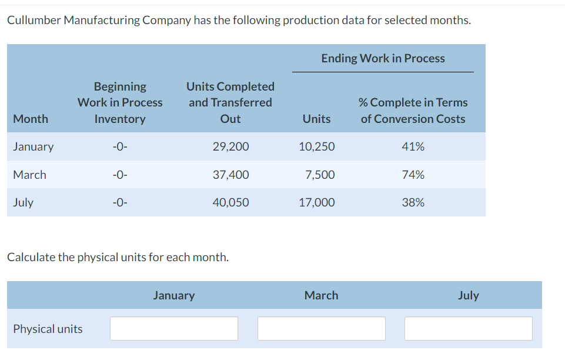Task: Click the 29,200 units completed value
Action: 230,146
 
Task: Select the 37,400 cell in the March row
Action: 230,175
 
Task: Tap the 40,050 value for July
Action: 230,202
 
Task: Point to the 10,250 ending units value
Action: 317,146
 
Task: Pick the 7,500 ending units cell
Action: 320,175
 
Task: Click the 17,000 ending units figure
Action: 317,202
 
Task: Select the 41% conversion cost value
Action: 413,146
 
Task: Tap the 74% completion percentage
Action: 413,175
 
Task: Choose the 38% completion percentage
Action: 413,202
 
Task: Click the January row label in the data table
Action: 33,146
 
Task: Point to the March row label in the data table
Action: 29,175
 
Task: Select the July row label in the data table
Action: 23,202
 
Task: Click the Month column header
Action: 31,119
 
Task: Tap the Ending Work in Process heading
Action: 383,58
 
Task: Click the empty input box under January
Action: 174,329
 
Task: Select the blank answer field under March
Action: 321,329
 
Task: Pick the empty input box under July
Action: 468,329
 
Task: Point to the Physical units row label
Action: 48,329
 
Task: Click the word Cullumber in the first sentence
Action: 34,21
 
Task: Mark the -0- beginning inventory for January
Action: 119,146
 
